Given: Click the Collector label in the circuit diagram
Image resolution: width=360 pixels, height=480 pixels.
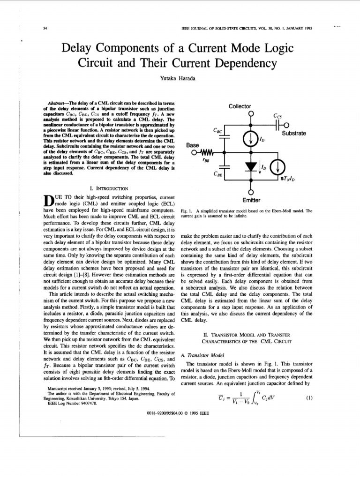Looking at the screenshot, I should coord(240,106).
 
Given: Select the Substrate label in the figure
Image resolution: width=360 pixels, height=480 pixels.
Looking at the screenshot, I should coord(294,133).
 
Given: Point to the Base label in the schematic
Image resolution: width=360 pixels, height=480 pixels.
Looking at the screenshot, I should coord(193,145).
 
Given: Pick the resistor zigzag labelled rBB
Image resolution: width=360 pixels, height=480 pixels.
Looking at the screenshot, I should coord(206,152).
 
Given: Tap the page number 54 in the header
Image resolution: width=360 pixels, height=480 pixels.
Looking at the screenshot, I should coord(45,29).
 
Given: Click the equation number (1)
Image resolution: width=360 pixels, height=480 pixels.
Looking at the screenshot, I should coord(308,398).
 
